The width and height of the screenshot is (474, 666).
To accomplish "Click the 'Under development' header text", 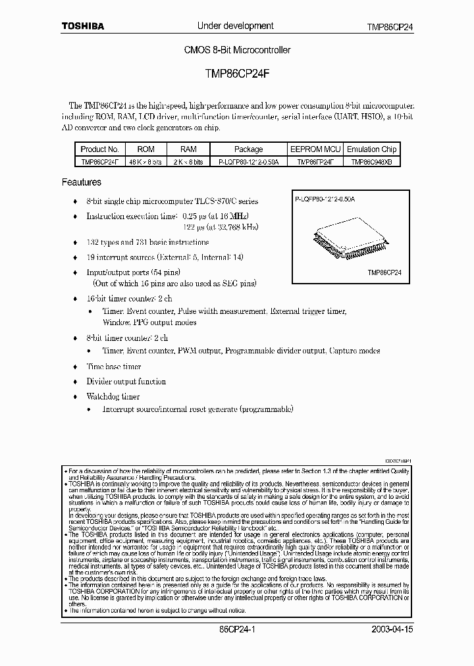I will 236,26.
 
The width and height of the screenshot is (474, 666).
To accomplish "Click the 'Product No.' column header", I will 99,149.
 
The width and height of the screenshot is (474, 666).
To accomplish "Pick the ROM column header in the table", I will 145,149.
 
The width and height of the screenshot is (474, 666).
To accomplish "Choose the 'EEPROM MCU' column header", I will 315,149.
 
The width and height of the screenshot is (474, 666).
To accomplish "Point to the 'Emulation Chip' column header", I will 371,149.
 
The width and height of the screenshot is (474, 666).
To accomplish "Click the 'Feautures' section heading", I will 82,182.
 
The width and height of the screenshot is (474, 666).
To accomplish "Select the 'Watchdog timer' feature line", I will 113,397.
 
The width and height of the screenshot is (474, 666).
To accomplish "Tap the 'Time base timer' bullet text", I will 114,367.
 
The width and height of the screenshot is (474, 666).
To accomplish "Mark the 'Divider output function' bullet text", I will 126,382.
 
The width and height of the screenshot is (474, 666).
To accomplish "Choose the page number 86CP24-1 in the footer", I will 236,629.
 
